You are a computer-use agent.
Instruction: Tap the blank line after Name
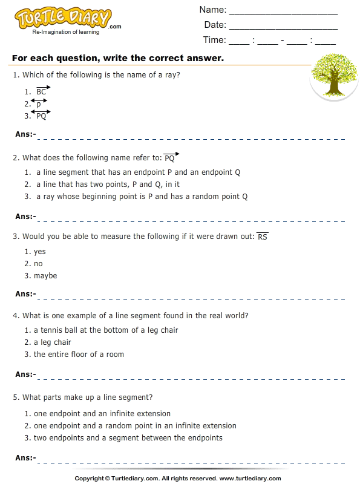pyautogui.click(x=283, y=10)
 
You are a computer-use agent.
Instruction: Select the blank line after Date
pyautogui.click(x=283, y=25)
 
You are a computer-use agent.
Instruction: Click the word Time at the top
pyautogui.click(x=214, y=40)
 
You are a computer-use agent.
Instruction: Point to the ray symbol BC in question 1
pyautogui.click(x=42, y=91)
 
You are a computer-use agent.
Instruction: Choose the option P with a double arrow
pyautogui.click(x=39, y=103)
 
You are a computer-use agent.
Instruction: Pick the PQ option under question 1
pyautogui.click(x=41, y=116)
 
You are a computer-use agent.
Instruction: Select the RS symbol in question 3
pyautogui.click(x=263, y=236)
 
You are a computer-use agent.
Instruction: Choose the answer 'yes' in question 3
pyautogui.click(x=40, y=252)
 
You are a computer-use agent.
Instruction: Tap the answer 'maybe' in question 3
pyautogui.click(x=45, y=276)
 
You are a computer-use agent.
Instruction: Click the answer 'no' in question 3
pyautogui.click(x=38, y=264)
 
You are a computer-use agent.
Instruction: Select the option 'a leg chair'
pyautogui.click(x=53, y=342)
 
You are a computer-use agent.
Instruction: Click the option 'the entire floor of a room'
pyautogui.click(x=79, y=355)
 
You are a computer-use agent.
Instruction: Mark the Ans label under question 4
pyautogui.click(x=25, y=374)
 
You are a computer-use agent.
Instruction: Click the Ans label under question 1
pyautogui.click(x=25, y=134)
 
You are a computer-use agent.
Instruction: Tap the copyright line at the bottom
pyautogui.click(x=180, y=478)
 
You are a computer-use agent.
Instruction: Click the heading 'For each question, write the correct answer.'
pyautogui.click(x=118, y=59)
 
